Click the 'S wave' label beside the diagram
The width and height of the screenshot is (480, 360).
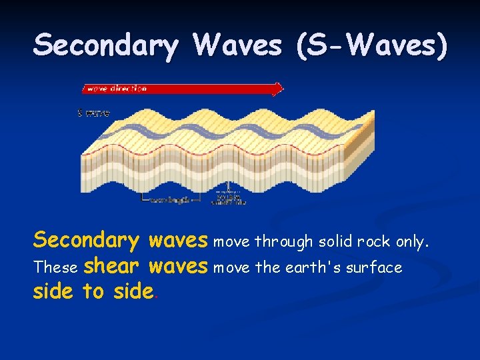click(93, 113)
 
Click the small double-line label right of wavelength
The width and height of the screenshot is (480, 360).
click(229, 199)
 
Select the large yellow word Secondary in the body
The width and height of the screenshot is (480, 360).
click(86, 240)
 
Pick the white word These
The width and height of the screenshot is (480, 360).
click(56, 268)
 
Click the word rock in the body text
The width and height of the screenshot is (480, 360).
click(374, 242)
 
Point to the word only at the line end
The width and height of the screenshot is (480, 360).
click(411, 242)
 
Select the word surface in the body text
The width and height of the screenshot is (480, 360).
click(378, 268)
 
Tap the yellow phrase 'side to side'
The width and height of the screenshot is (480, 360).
click(93, 292)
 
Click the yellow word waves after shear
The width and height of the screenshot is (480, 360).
click(178, 267)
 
